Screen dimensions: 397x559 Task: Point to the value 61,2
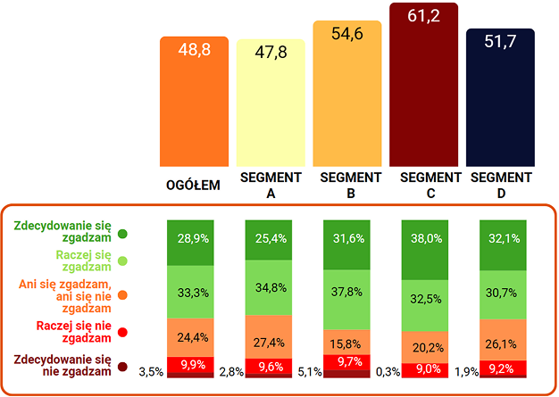(423, 17)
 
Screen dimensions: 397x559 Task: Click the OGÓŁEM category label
(194, 186)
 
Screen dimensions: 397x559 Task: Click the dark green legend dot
(122, 234)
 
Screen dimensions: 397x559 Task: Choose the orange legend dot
(122, 294)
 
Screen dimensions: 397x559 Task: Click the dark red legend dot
(122, 366)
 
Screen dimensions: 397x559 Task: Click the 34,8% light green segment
(271, 287)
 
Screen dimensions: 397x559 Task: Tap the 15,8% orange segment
(348, 343)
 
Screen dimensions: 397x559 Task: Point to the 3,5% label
(149, 371)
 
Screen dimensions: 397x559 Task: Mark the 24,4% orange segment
(193, 338)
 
